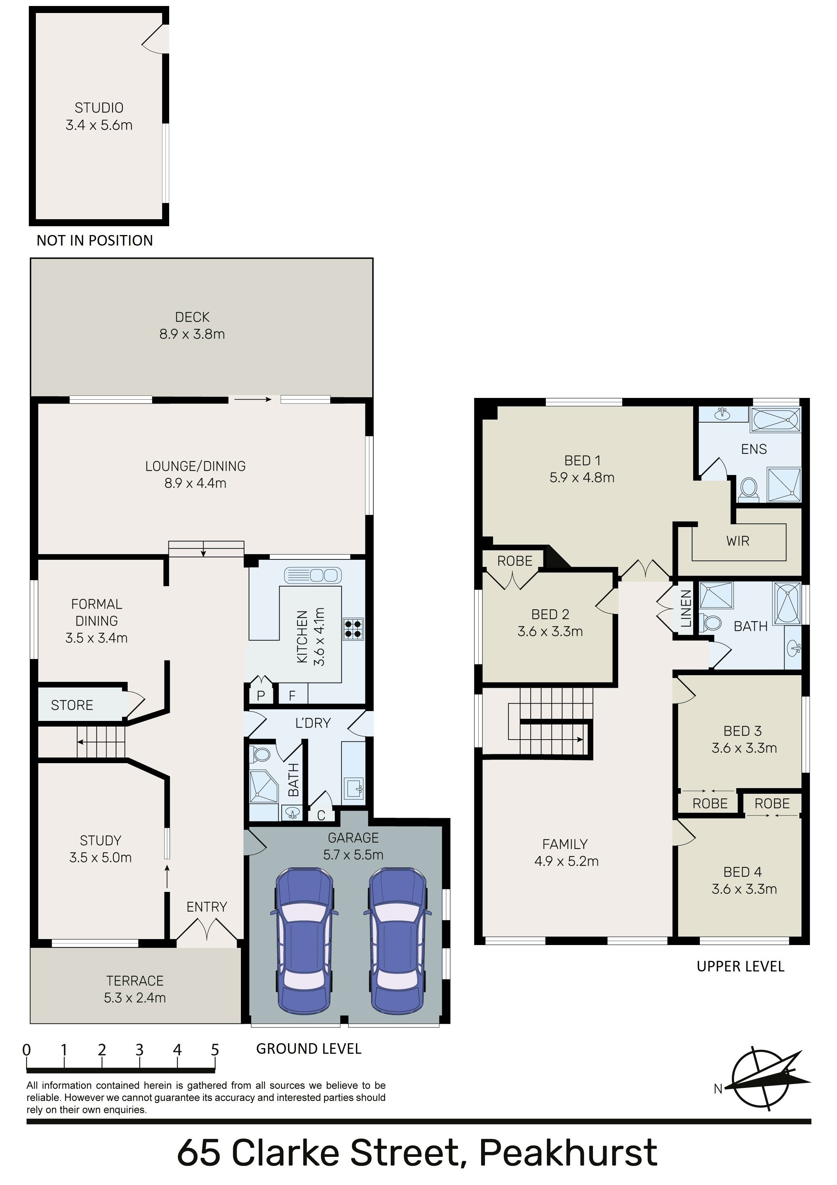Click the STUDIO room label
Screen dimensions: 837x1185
point(99,108)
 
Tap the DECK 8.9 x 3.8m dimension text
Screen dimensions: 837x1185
point(192,334)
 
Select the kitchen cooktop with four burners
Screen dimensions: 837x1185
point(353,629)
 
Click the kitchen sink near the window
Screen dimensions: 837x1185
point(312,575)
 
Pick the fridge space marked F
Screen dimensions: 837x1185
point(292,695)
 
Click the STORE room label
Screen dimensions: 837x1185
point(72,705)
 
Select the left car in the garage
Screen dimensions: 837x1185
point(304,941)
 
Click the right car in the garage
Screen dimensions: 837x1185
point(397,941)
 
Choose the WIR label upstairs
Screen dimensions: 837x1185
point(737,541)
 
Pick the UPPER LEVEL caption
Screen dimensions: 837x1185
point(741,966)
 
